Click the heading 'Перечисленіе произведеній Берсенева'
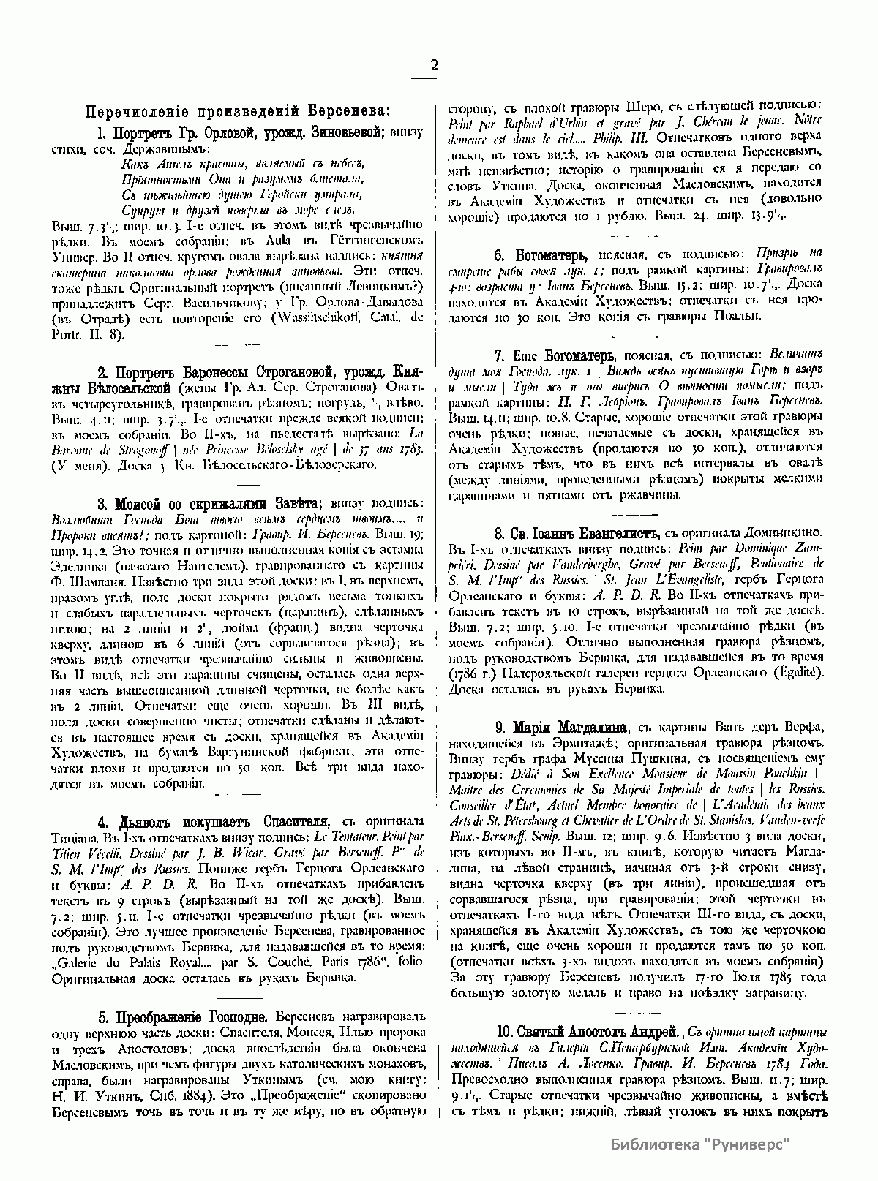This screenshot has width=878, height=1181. click(x=239, y=111)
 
